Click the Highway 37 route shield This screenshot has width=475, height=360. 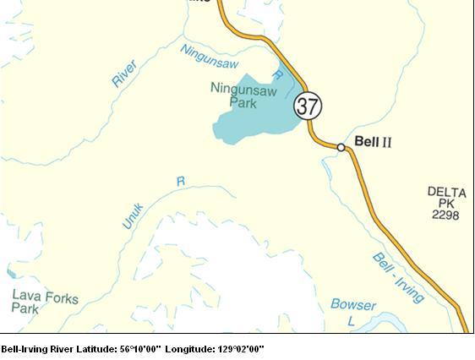pos(308,106)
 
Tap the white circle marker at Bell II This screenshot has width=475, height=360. pos(341,147)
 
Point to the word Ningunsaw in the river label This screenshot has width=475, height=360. pos(210,57)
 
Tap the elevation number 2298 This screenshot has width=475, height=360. pos(445,215)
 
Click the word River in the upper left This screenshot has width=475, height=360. pos(124,74)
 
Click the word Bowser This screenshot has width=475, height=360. pos(353,304)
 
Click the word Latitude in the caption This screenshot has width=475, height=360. pos(100,348)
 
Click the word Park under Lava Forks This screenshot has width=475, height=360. pos(25,310)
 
